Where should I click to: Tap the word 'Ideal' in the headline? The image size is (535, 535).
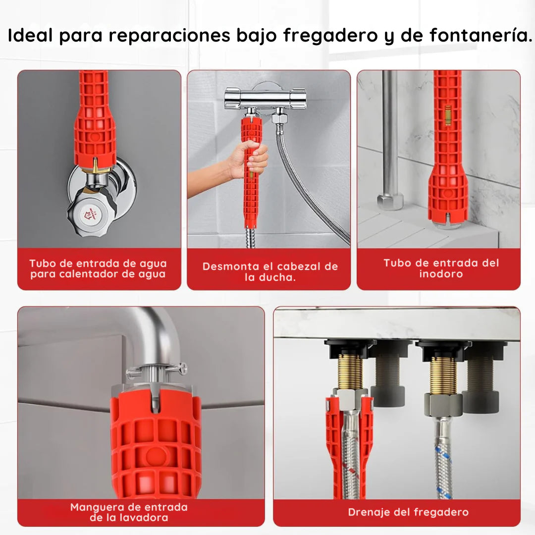click(x=30, y=36)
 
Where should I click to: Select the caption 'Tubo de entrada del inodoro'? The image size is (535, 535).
click(x=440, y=268)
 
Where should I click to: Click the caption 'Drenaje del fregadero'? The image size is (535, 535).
click(x=408, y=512)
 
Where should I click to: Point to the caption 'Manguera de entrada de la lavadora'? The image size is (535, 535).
click(x=129, y=512)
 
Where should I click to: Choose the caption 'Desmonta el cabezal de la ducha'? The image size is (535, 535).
click(x=270, y=271)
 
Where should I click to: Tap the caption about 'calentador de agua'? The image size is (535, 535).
click(x=98, y=269)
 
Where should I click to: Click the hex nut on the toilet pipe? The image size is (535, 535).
click(x=390, y=201)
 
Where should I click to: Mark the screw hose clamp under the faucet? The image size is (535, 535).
click(x=156, y=370)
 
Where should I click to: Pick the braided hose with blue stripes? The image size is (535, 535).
click(x=443, y=456)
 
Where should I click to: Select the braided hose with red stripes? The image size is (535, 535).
click(x=350, y=456)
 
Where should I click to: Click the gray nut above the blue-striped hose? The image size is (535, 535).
click(x=442, y=404)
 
